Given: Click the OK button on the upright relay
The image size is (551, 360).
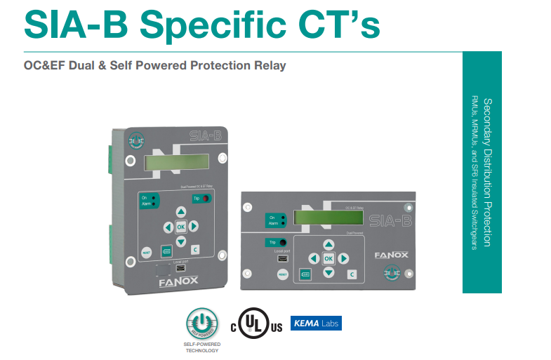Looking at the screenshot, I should (x=180, y=227).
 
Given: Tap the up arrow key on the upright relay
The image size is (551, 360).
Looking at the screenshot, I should (x=180, y=212).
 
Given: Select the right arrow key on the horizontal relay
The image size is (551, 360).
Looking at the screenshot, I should (x=343, y=258).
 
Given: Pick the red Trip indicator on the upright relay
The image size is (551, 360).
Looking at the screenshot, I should (x=206, y=199).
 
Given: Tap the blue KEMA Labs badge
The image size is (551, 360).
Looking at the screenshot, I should (x=316, y=324).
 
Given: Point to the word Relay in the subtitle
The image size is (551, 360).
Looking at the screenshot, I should (x=270, y=66).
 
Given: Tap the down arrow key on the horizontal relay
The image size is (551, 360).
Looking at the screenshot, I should (x=328, y=272).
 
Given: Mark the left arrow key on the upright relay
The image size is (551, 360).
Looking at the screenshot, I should (x=167, y=227).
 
